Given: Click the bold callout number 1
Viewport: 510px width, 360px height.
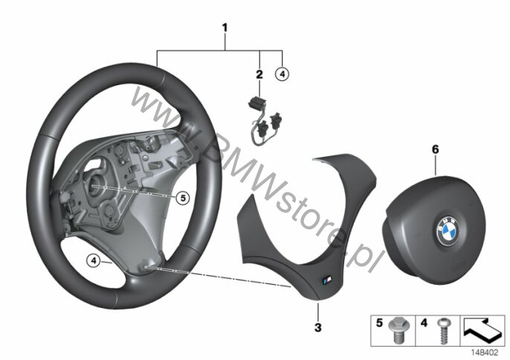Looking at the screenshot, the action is coord(225,28).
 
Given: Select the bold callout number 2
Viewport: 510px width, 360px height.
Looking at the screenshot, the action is coord(259,74).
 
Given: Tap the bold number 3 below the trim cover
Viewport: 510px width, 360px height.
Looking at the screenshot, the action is coord(318,327).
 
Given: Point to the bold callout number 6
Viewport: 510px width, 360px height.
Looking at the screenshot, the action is coord(435,150).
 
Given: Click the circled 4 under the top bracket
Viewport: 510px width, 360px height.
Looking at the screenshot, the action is coord(282,74).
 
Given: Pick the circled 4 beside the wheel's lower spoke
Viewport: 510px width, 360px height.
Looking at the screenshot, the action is coord(94,261).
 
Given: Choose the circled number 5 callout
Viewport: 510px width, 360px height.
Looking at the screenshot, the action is coord(183,198).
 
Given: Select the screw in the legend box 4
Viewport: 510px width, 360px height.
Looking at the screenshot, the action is coord(442,330).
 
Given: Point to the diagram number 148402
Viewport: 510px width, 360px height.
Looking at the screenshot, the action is coord(485,353).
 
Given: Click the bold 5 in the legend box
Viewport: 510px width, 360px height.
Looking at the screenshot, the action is coord(379,323).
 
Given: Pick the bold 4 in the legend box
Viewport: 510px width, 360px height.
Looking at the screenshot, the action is coord(424,323).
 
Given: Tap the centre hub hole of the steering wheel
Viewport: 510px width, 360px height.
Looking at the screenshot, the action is coord(94,184).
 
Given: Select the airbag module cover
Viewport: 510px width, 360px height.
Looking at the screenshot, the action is coord(434,219).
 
